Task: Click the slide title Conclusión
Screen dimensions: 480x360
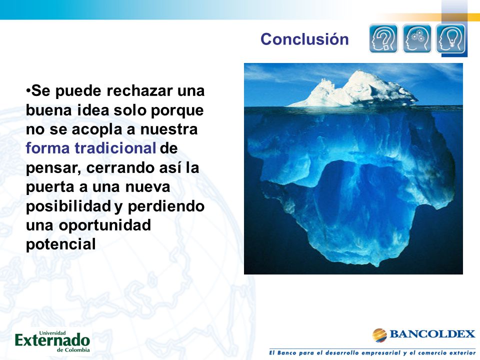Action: [304, 39]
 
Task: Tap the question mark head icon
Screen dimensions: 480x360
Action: [383, 38]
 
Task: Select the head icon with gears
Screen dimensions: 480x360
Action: [416, 38]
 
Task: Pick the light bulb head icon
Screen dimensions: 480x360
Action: [450, 38]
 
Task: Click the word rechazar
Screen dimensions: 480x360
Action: [139, 90]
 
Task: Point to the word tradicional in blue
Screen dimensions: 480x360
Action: [115, 148]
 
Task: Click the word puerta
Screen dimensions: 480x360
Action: [50, 187]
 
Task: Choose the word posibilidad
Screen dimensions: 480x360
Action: [68, 206]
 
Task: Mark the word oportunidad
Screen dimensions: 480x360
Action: [105, 225]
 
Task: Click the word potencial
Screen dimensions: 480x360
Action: [61, 244]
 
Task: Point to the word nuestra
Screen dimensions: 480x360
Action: [169, 129]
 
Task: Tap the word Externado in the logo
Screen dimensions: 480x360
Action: [52, 340]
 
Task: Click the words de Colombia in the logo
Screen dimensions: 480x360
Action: [73, 350]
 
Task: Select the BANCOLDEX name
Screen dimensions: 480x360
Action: [432, 334]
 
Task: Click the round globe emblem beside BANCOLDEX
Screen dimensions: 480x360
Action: [379, 335]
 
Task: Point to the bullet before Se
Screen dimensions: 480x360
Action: [28, 90]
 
